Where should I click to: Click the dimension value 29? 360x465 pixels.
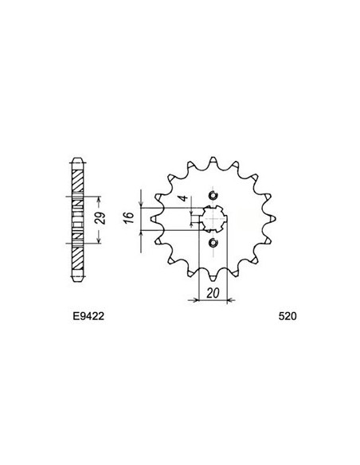pos(100,219)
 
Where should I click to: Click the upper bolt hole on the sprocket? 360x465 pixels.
pos(212,196)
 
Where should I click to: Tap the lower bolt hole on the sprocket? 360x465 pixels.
pos(212,243)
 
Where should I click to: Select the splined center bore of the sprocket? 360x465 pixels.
pos(212,219)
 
